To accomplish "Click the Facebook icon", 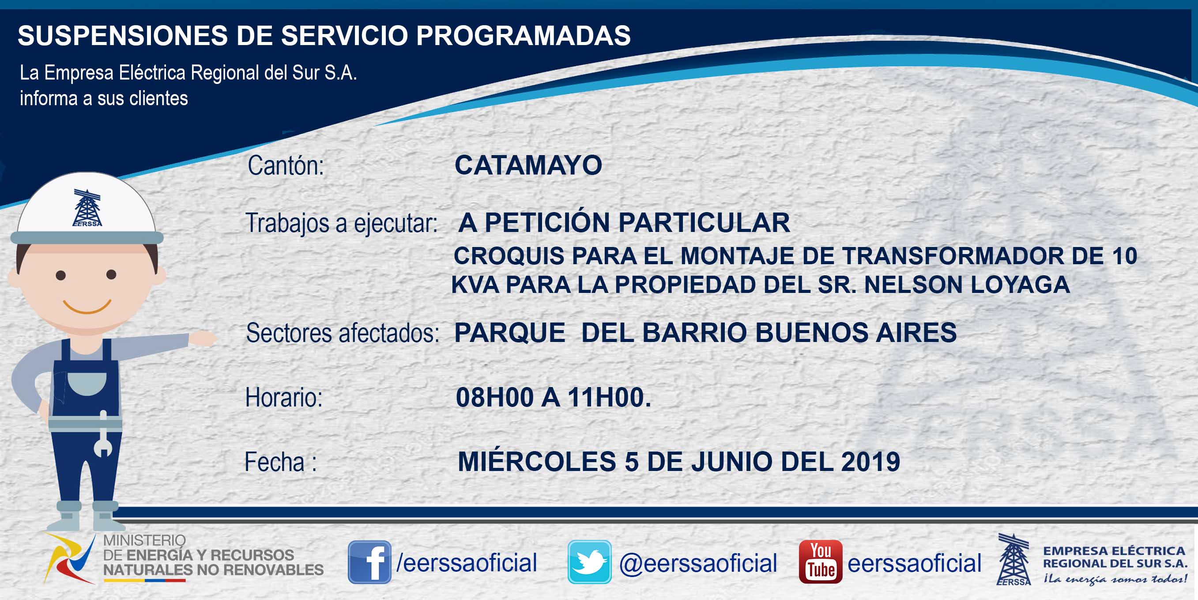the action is (369, 562).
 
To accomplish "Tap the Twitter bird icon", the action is (589, 562).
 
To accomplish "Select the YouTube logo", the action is (820, 562).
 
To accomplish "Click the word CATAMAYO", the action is (528, 165).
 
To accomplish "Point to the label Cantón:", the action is (286, 166).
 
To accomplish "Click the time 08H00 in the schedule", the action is (495, 398).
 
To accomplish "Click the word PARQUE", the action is (510, 332).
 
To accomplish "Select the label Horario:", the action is (284, 398).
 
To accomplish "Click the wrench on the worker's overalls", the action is (103, 434).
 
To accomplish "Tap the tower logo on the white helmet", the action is (87, 208).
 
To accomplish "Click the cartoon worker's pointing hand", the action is (203, 338).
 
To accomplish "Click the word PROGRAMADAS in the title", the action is (523, 35).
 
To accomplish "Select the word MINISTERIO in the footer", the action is (144, 540).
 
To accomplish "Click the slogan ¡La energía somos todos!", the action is (1115, 579).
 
